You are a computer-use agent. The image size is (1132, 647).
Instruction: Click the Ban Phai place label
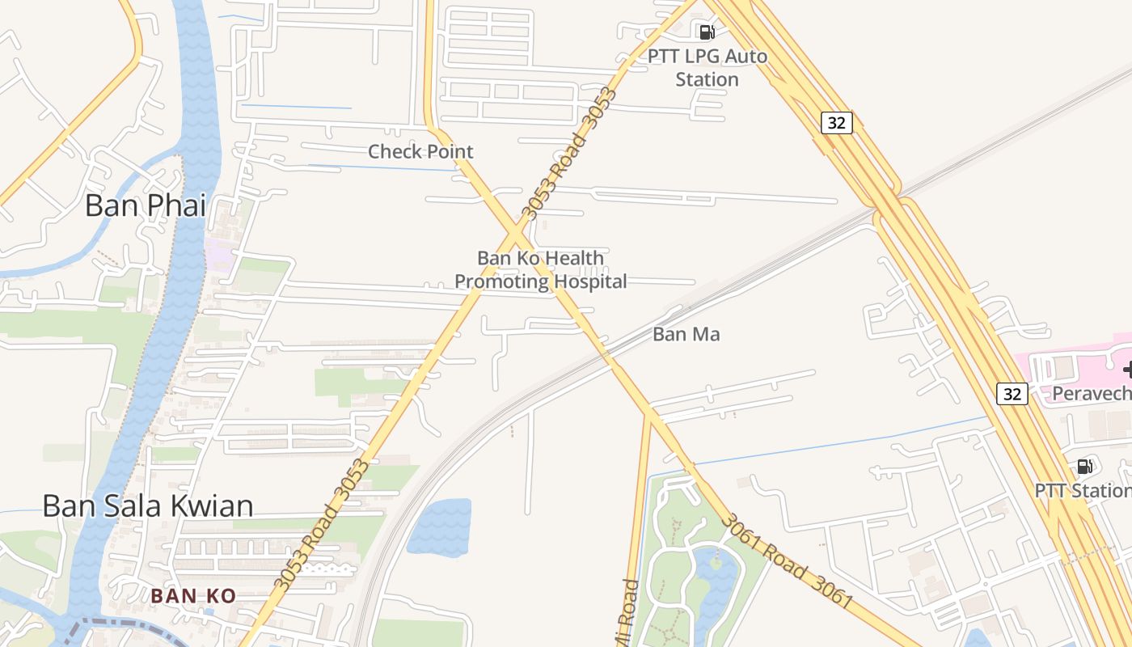click(146, 205)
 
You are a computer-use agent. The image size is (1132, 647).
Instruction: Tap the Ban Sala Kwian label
click(148, 506)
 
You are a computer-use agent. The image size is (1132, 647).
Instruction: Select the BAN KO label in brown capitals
click(193, 596)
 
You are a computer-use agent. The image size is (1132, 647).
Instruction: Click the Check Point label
click(420, 151)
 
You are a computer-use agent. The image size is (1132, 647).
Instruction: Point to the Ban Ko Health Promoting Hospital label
click(540, 269)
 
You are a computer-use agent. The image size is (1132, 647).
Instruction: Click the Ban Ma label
click(686, 334)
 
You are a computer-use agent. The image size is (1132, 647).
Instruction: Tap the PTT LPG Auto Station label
click(707, 68)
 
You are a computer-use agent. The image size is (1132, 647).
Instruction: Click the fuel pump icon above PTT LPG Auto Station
click(707, 32)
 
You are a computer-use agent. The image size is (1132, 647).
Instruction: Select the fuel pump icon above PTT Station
click(1085, 466)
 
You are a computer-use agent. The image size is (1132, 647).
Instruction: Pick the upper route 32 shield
click(836, 123)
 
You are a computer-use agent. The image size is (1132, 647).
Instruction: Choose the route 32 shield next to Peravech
click(1012, 394)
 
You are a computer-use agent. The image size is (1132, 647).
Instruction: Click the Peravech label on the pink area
click(1091, 394)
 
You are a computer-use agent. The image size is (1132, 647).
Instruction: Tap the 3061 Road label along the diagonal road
click(786, 562)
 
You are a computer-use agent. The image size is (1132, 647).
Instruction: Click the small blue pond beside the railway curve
click(439, 527)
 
